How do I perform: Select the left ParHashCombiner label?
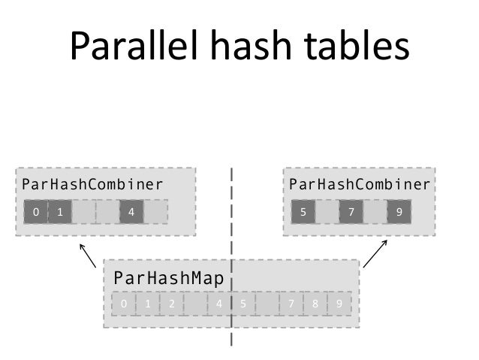tap(92, 184)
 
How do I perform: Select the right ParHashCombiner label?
tap(360, 184)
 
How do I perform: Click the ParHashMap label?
tap(169, 280)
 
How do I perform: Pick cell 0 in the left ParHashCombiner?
tap(35, 212)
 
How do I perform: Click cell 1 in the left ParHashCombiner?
tap(60, 212)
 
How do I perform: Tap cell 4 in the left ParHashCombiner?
tap(131, 212)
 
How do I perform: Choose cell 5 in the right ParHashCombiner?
tap(303, 212)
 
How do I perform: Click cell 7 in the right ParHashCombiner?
tap(351, 212)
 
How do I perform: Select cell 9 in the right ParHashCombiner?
tap(399, 212)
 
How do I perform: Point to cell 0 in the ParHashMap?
tap(124, 304)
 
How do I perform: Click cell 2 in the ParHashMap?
tap(172, 304)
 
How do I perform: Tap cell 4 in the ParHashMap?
tap(219, 304)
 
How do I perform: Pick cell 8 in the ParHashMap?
tap(315, 304)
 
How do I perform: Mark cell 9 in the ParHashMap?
tap(339, 304)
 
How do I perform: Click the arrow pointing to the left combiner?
tap(88, 255)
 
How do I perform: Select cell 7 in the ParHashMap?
tap(291, 304)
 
